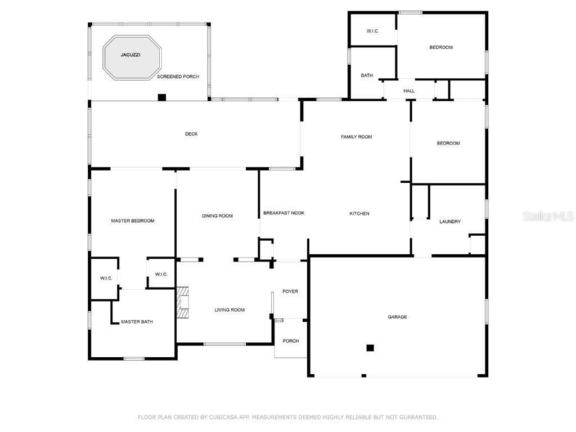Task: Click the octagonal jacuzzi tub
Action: tap(132, 58)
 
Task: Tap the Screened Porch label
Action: tap(178, 76)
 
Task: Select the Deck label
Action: tap(191, 134)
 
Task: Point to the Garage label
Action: tap(397, 317)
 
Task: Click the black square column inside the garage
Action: tap(370, 348)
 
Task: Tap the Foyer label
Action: tap(290, 291)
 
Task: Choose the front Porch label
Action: tap(291, 341)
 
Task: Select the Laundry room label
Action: tap(450, 222)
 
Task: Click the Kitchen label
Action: tap(359, 214)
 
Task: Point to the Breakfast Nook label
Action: tap(284, 213)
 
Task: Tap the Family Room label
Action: tap(357, 137)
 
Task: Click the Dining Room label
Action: tap(217, 216)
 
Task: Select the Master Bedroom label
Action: tap(133, 221)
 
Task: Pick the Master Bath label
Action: tap(137, 322)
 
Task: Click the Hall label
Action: tap(409, 91)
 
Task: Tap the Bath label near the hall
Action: tap(367, 75)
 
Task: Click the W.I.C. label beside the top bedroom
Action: tap(372, 31)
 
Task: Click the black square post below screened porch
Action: tap(162, 97)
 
